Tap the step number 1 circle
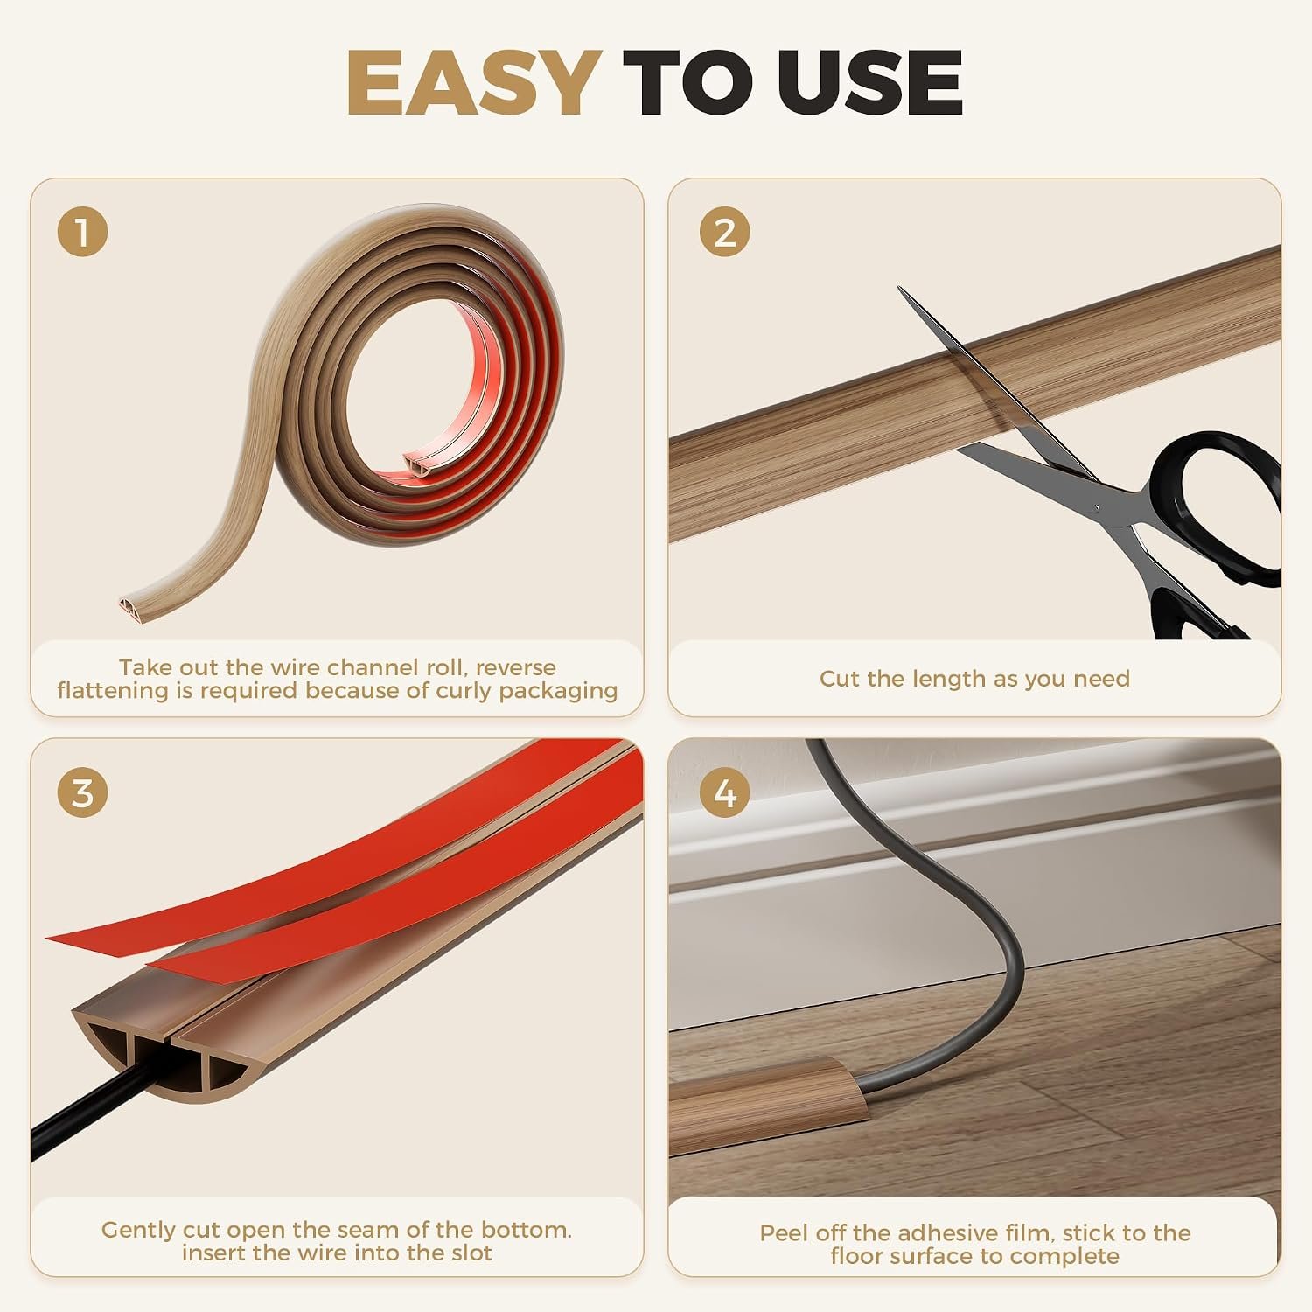82,233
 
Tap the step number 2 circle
725,233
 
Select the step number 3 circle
82,792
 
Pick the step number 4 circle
725,792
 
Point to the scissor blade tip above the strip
900,289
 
